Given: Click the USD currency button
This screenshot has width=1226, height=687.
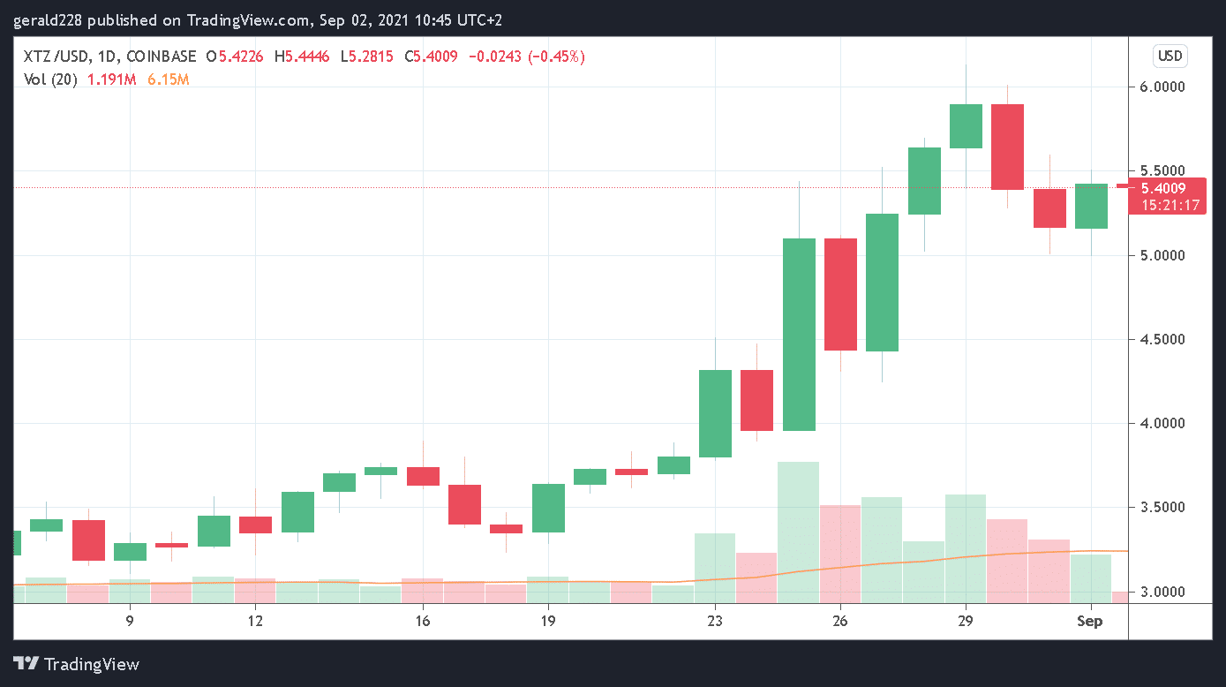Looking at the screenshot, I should (1170, 57).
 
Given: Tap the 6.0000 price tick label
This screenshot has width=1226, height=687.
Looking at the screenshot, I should (1162, 87).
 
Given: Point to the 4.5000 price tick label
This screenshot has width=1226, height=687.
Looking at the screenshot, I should (1162, 340).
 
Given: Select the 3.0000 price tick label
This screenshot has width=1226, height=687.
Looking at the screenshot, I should (1162, 592).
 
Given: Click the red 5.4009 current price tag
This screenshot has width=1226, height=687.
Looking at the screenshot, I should (1162, 188).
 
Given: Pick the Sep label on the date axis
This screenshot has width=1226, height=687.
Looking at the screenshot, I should (1091, 621).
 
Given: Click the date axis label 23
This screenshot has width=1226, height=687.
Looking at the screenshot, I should (715, 621).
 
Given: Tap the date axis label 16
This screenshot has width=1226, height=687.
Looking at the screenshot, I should (423, 621).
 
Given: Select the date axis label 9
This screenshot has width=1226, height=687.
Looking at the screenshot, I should (130, 621).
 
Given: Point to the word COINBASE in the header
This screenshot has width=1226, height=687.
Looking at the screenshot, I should (162, 57).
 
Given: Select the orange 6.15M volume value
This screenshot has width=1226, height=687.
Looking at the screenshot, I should (168, 79).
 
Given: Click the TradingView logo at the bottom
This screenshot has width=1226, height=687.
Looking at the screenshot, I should (77, 664).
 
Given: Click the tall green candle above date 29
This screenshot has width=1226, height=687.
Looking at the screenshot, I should (966, 126).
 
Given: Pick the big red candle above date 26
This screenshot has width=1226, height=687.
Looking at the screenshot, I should (840, 294).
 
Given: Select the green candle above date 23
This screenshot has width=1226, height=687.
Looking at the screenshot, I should (715, 413).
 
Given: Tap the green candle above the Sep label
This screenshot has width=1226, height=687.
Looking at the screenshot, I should (1091, 206).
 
